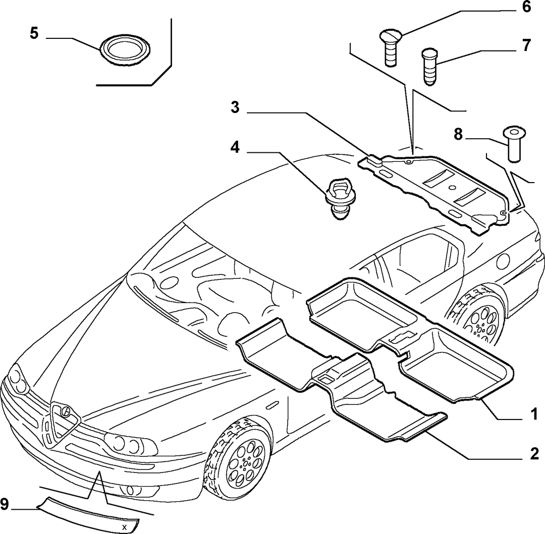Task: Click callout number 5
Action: [x=34, y=34]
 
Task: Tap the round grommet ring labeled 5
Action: [x=125, y=49]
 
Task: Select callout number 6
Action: [x=526, y=7]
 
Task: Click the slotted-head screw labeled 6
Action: [x=391, y=47]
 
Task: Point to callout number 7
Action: [x=526, y=45]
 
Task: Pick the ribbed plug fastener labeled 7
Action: [x=430, y=67]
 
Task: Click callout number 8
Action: [x=458, y=134]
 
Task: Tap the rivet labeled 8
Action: [x=514, y=144]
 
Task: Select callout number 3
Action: [x=235, y=107]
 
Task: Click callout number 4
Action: [x=235, y=148]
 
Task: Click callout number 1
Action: [x=534, y=414]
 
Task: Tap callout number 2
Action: [x=534, y=453]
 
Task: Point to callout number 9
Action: [x=5, y=504]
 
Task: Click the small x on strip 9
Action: [x=125, y=527]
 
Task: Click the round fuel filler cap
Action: [x=503, y=261]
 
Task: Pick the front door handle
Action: [x=273, y=405]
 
